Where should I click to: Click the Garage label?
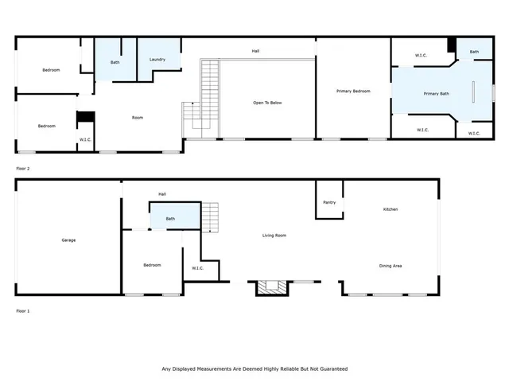coord(68,240)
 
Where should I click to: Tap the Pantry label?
coord(329,202)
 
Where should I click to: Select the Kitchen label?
coord(390,209)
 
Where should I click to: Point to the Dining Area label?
coord(390,265)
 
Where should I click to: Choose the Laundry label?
coord(157,60)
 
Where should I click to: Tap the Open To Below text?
coord(267,103)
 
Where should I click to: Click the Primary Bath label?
coord(436,94)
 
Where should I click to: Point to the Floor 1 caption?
coord(23,310)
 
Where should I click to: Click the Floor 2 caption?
coord(23,169)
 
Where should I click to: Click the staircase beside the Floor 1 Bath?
coord(209,217)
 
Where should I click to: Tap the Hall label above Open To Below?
coord(255,51)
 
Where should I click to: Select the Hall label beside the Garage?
coord(162,193)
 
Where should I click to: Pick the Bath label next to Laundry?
coord(115,62)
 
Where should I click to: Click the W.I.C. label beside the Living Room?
coord(198,267)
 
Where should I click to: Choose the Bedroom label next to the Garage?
coord(152,265)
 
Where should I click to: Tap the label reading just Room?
coord(137,118)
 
